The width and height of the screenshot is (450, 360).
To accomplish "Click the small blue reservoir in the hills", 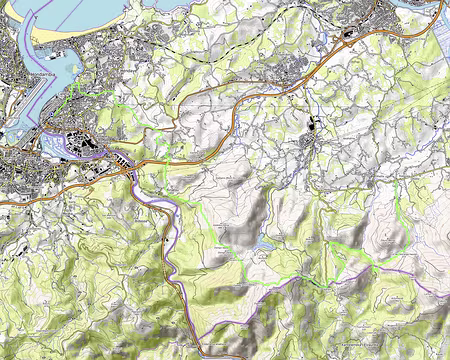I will (x=264, y=243).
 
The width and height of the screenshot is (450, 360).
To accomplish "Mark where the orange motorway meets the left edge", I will (x=3, y=203).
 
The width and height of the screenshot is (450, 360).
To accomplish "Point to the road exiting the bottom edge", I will (x=205, y=356).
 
